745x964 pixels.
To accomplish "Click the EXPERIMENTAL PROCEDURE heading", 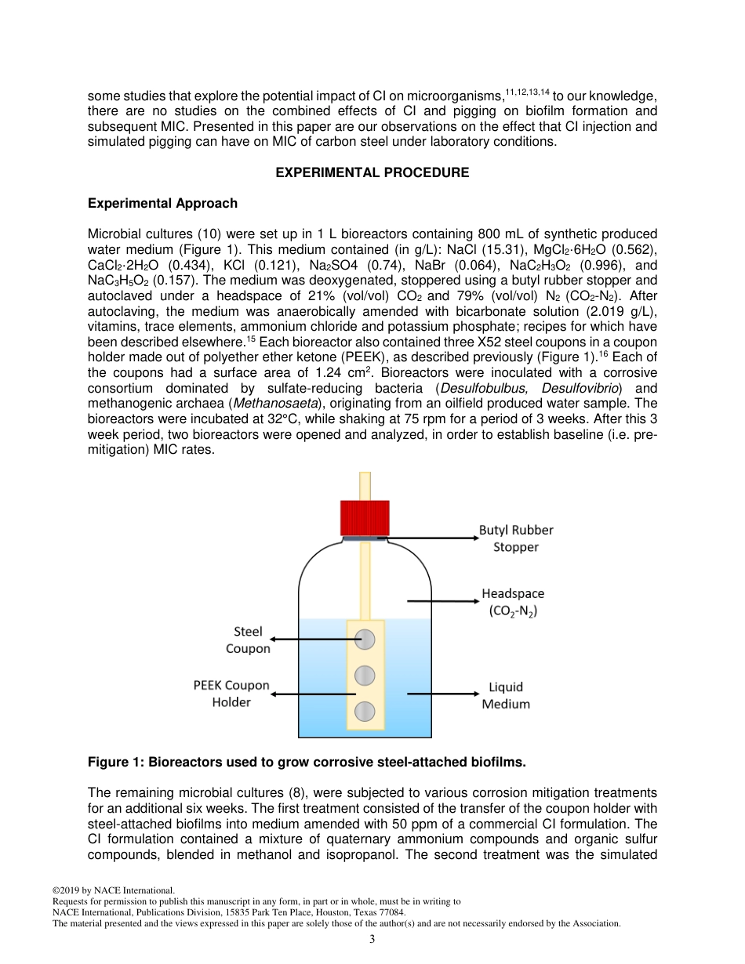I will pyautogui.click(x=372, y=172).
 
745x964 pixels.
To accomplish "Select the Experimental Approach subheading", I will pyautogui.click(x=162, y=204).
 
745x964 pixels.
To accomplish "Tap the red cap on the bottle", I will pyautogui.click(x=365, y=517).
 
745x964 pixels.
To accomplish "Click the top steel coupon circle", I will pyautogui.click(x=365, y=640).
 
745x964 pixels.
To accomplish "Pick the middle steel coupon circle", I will pyautogui.click(x=365, y=676).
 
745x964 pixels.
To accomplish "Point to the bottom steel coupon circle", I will pyautogui.click(x=365, y=711).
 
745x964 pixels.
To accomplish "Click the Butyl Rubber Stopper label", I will pyautogui.click(x=515, y=538).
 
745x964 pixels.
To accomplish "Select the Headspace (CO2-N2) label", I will pyautogui.click(x=512, y=602).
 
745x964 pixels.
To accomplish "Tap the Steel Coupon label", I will pyautogui.click(x=248, y=640).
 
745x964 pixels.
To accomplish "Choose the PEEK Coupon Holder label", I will pyautogui.click(x=231, y=694).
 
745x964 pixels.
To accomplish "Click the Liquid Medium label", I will pyautogui.click(x=505, y=695).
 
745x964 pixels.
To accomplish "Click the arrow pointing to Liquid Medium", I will pyautogui.click(x=442, y=694).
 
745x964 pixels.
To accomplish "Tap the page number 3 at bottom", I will pyautogui.click(x=372, y=940).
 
